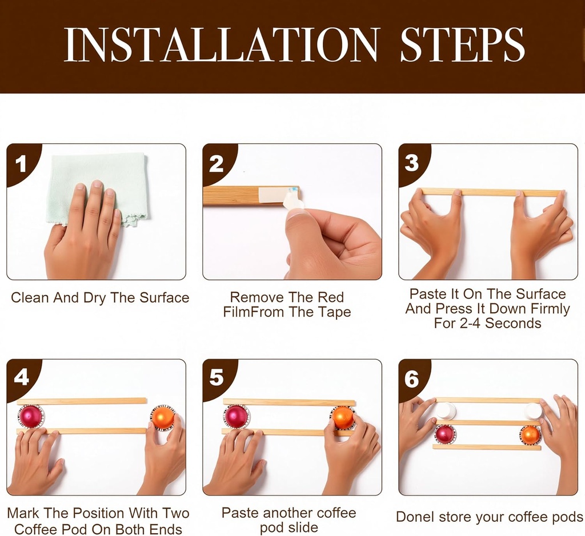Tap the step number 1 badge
pyautogui.click(x=21, y=164)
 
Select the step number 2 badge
pyautogui.click(x=217, y=164)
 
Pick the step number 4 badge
pyautogui.click(x=21, y=378)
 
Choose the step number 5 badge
pyautogui.click(x=217, y=378)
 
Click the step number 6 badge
pyautogui.click(x=412, y=378)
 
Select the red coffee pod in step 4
pyautogui.click(x=30, y=416)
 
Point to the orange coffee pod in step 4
pyautogui.click(x=163, y=417)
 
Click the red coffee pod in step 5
pyautogui.click(x=236, y=416)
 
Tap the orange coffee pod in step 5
pyautogui.click(x=343, y=417)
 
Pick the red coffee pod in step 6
pyautogui.click(x=444, y=434)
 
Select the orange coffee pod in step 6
pyautogui.click(x=530, y=434)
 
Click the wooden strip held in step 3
pyautogui.click(x=488, y=192)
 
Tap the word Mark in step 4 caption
pyautogui.click(x=23, y=513)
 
